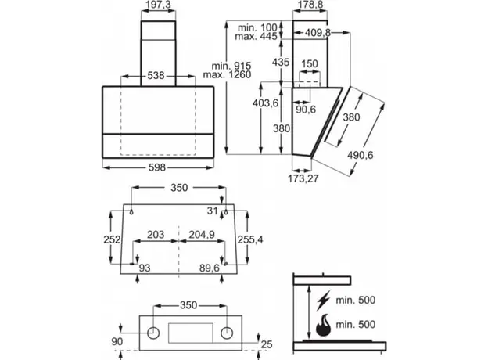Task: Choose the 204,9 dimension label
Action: tap(201, 234)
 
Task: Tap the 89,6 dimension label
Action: tap(210, 269)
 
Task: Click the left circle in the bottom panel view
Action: tap(155, 333)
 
